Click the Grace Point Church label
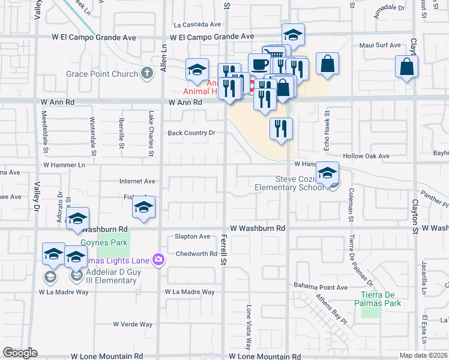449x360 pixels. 103,76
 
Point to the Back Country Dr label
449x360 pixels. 191,133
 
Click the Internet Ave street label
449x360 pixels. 137,181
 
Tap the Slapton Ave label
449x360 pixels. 192,236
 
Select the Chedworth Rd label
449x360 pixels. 196,254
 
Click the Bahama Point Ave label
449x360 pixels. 321,287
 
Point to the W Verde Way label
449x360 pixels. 133,324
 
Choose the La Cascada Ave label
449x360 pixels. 198,25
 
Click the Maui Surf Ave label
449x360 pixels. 379,45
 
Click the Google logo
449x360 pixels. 20,353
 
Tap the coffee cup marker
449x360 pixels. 259,64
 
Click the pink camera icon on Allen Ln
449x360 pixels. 159,260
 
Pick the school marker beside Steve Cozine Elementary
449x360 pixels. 327,173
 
